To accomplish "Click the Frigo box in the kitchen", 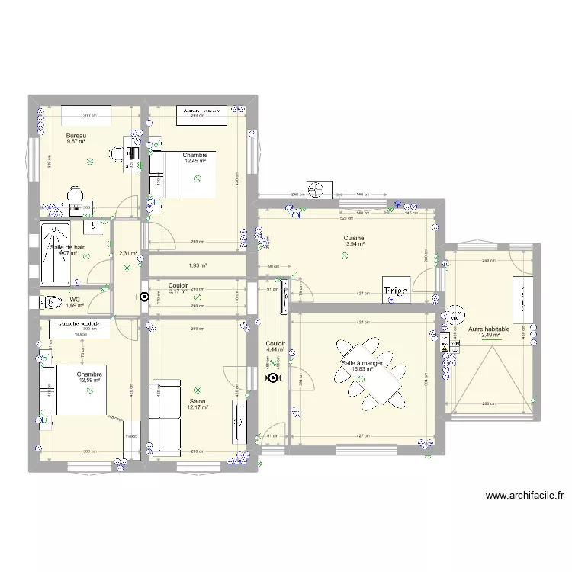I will click(x=397, y=290).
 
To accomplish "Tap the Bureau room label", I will click(x=76, y=135).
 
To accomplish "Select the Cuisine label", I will click(x=353, y=238).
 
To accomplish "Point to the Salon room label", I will click(x=197, y=400).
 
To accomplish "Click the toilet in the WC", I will click(x=54, y=302).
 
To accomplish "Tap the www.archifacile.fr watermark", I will click(x=524, y=496).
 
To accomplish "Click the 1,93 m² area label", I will click(x=198, y=265).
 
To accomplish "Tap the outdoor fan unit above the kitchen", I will click(x=316, y=188).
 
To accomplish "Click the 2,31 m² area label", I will click(x=127, y=254).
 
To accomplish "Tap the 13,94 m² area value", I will click(x=353, y=244).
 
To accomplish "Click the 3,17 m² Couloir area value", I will click(x=178, y=291).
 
